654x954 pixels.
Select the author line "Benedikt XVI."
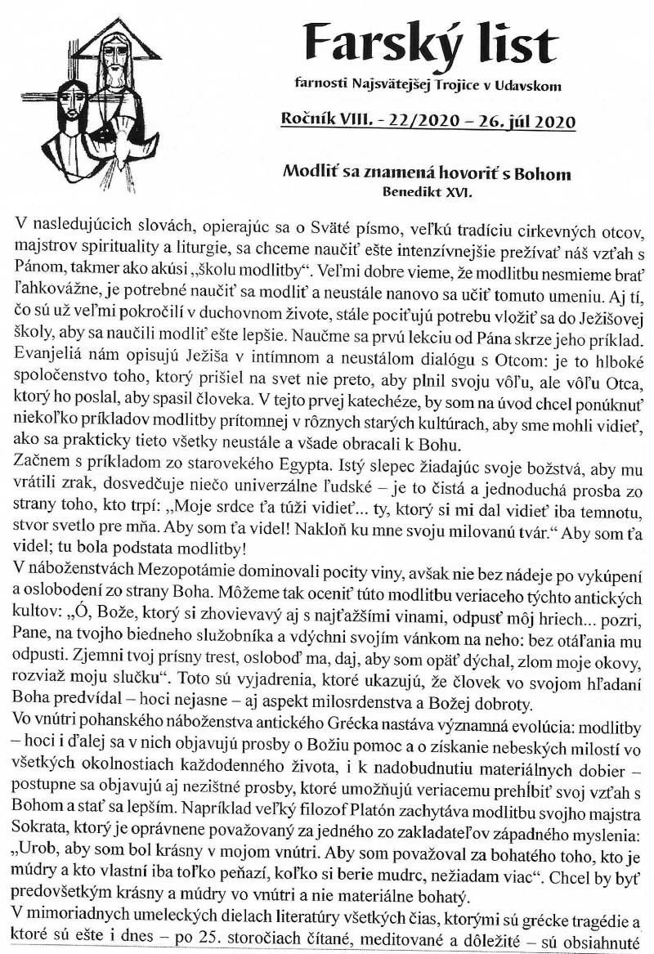pyautogui.click(x=427, y=192)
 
